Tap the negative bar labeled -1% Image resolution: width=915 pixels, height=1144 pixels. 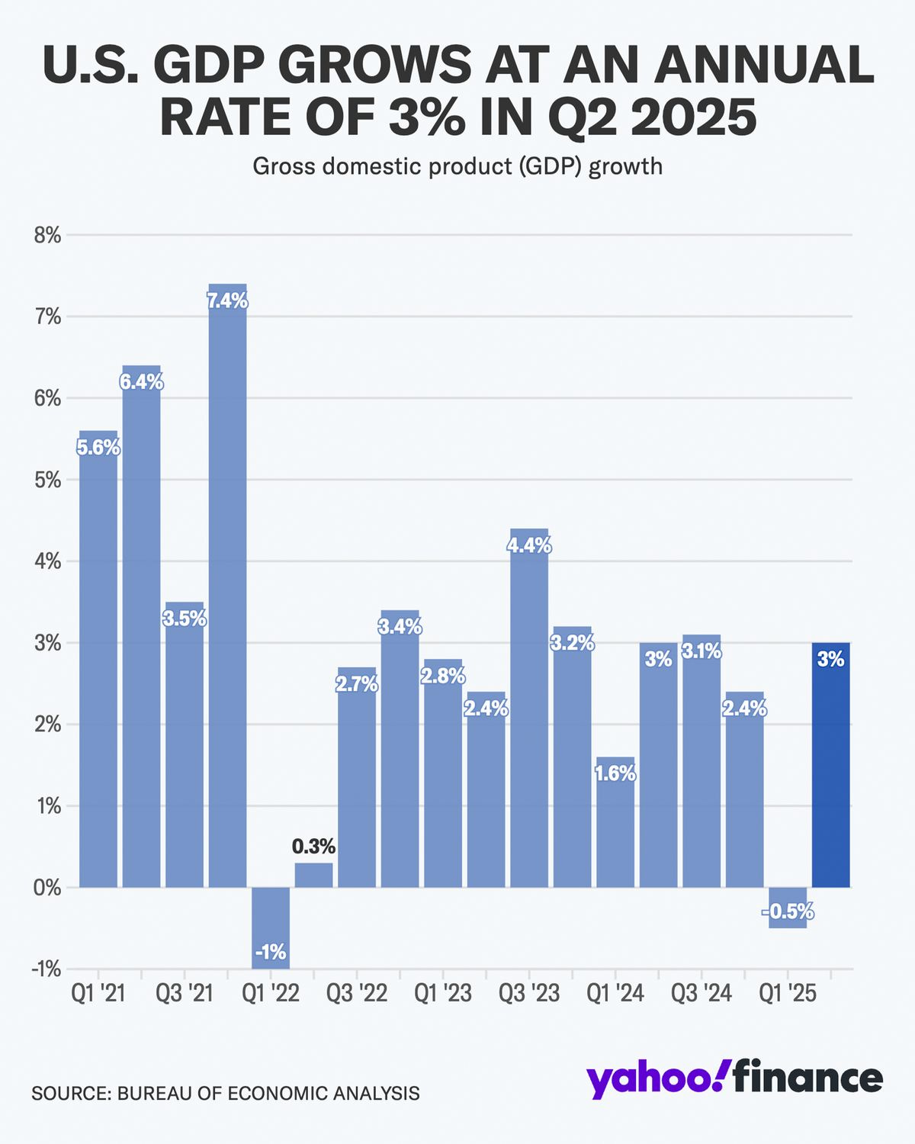tap(271, 927)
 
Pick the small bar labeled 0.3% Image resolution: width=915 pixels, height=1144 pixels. tap(313, 875)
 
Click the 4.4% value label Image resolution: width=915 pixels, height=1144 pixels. tap(529, 546)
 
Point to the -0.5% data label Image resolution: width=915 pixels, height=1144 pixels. tap(788, 911)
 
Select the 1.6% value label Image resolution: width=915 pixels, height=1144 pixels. tap(615, 773)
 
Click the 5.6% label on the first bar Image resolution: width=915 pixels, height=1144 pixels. tap(98, 448)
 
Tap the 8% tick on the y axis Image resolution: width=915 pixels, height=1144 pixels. tap(47, 235)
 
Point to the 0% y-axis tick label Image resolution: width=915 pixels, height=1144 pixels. tap(47, 888)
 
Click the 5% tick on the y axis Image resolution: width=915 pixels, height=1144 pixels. tap(47, 480)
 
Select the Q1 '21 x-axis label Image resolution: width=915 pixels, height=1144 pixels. tap(98, 993)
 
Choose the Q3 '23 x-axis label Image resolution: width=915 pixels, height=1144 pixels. tap(528, 993)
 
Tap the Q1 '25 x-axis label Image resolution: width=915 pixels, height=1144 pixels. tap(787, 993)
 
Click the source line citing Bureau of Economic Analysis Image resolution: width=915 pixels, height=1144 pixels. tap(225, 1093)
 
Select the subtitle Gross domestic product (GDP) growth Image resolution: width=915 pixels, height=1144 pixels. tap(457, 165)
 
